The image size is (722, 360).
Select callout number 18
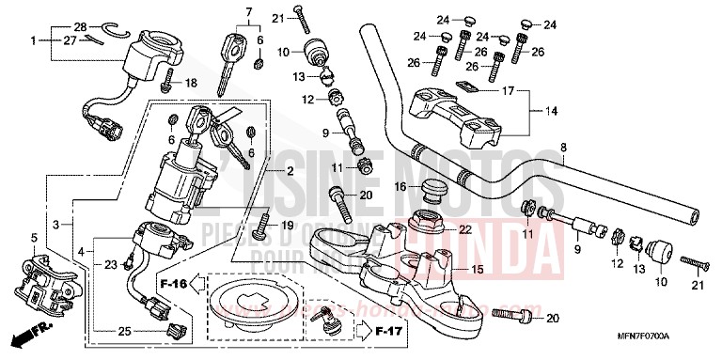click(x=191, y=84)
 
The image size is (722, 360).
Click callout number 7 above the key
click(x=248, y=11)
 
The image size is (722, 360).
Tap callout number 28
click(x=80, y=25)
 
